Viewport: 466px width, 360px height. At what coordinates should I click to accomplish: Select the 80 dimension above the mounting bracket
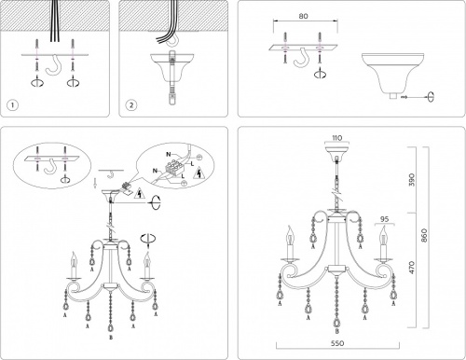(x=298, y=17)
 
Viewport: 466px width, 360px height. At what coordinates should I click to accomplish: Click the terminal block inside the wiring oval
(x=172, y=172)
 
